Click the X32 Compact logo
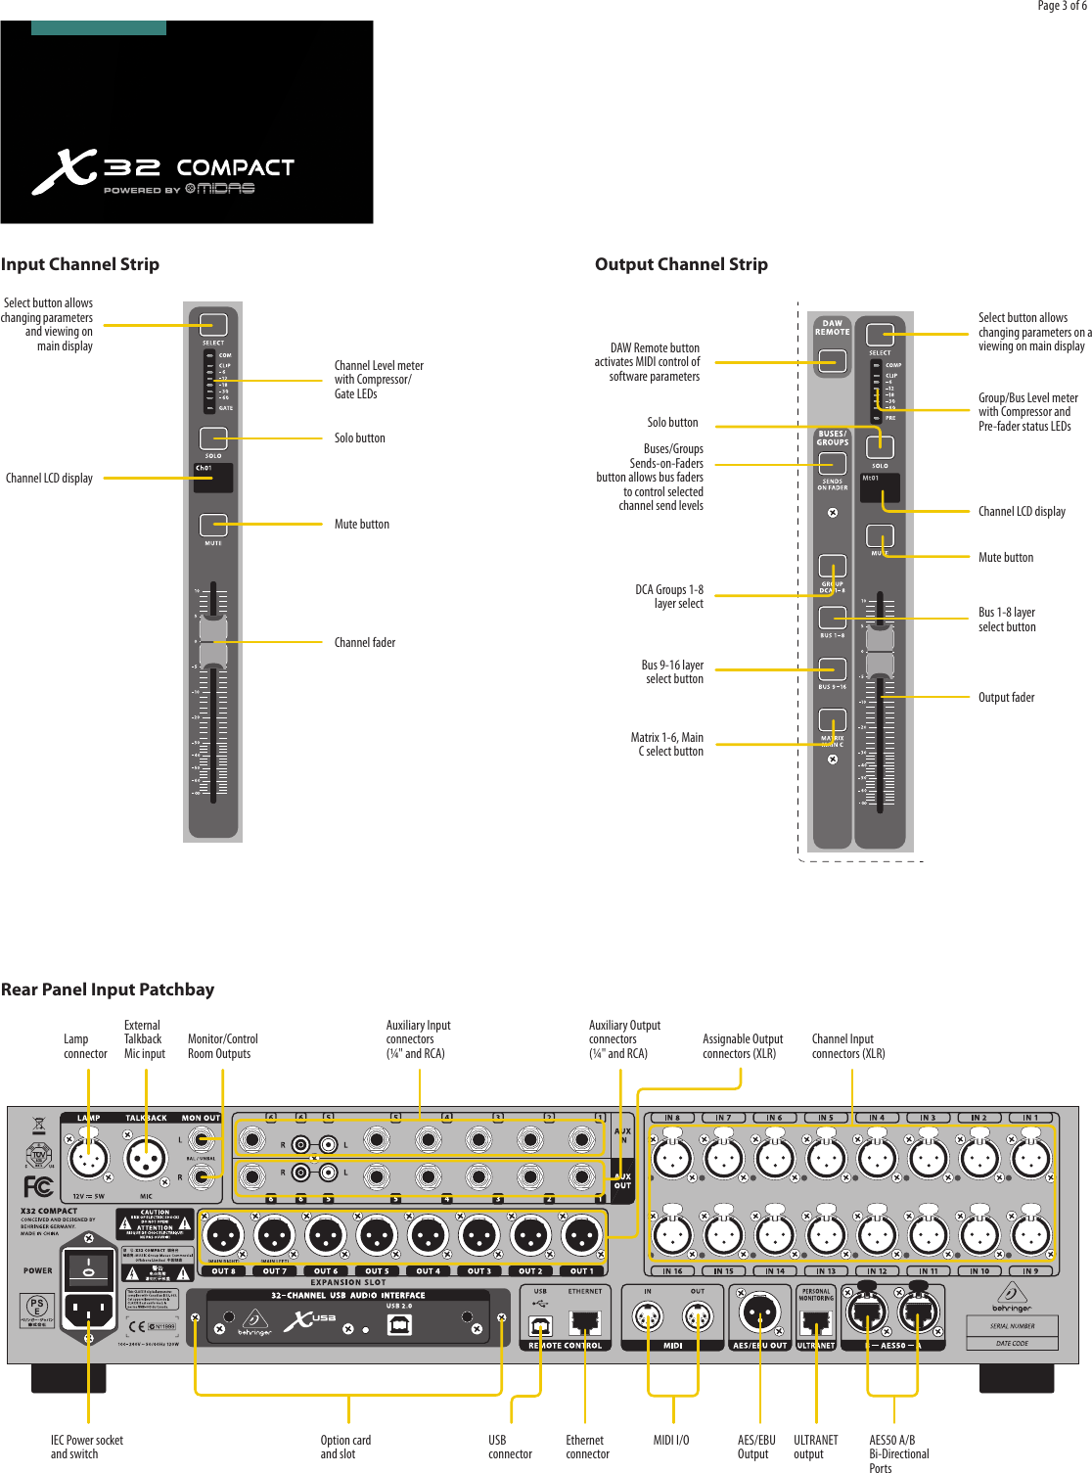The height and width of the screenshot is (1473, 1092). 162,172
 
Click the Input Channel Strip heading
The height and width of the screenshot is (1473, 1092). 80,264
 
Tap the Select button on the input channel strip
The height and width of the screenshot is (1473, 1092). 213,324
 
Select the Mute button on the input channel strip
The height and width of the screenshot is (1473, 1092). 213,526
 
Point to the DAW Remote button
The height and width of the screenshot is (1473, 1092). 833,361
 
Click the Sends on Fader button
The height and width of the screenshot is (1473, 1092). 833,464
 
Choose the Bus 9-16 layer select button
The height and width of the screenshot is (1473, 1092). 833,668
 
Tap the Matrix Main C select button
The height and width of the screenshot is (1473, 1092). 833,720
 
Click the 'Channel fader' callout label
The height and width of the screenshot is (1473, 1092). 364,643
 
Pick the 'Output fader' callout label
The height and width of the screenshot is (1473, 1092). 1006,698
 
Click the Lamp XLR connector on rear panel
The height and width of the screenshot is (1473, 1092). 88,1159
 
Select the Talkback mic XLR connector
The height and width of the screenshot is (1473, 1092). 146,1159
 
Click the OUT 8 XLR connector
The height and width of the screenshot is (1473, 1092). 223,1236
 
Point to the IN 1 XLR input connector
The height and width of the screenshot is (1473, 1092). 1030,1158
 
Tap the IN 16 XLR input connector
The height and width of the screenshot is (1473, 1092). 672,1235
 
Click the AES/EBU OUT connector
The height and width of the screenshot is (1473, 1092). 759,1312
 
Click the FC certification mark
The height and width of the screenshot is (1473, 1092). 38,1187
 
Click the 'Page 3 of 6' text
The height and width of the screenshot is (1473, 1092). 1061,6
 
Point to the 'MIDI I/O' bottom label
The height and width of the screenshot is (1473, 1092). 671,1441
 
